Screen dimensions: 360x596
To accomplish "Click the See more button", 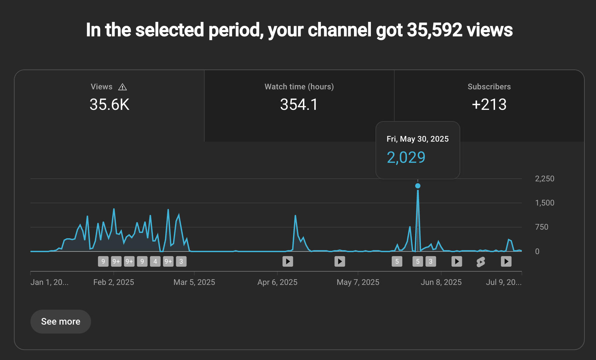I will pyautogui.click(x=61, y=321).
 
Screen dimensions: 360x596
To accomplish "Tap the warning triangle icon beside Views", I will pyautogui.click(x=123, y=87).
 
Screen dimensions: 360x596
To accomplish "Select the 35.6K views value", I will pyautogui.click(x=109, y=105).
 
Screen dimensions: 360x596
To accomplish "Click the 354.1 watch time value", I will pyautogui.click(x=299, y=105).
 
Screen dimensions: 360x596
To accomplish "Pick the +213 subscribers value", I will pyautogui.click(x=489, y=105).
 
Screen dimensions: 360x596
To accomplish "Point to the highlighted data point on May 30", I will pyautogui.click(x=418, y=186).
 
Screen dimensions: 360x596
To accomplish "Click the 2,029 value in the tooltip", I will pyautogui.click(x=406, y=157).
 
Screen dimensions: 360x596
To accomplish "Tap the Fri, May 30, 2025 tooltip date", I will pyautogui.click(x=418, y=139).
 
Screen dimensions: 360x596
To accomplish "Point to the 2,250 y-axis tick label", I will pyautogui.click(x=544, y=179).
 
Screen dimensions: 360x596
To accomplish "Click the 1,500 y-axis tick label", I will pyautogui.click(x=544, y=203).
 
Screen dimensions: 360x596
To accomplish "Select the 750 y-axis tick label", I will pyautogui.click(x=542, y=227).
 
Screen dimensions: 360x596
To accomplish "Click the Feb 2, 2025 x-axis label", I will pyautogui.click(x=114, y=282).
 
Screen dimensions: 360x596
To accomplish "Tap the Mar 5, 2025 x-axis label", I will pyautogui.click(x=194, y=282).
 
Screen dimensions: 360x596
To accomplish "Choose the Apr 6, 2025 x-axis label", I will pyautogui.click(x=277, y=282).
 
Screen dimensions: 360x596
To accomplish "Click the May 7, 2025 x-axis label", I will pyautogui.click(x=358, y=282).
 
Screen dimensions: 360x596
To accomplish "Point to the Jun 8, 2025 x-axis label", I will pyautogui.click(x=441, y=282).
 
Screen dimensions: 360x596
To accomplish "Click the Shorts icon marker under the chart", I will pyautogui.click(x=481, y=262).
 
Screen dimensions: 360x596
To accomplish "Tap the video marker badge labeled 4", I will pyautogui.click(x=155, y=261).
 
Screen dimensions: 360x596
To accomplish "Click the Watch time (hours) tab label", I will pyautogui.click(x=299, y=87).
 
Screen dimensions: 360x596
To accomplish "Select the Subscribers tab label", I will pyautogui.click(x=489, y=87).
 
